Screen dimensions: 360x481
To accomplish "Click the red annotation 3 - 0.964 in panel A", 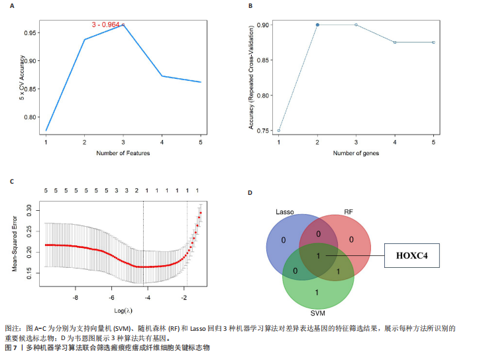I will point(106,25).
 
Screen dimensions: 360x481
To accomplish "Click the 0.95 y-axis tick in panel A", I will point(32,32).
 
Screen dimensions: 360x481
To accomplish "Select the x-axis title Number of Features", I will point(123,153).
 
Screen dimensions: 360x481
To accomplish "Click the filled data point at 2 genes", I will point(317,25).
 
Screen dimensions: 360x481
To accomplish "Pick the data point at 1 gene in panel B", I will point(279,131).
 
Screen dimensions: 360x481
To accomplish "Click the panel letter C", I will point(12,181).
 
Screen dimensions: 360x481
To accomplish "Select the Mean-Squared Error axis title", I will point(14,243).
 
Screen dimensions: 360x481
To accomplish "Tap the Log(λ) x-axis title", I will point(122,310).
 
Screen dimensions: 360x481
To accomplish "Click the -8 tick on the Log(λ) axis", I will point(75,298).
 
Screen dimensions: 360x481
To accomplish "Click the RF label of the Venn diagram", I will point(347,211).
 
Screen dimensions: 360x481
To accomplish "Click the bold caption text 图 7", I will point(11,348).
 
